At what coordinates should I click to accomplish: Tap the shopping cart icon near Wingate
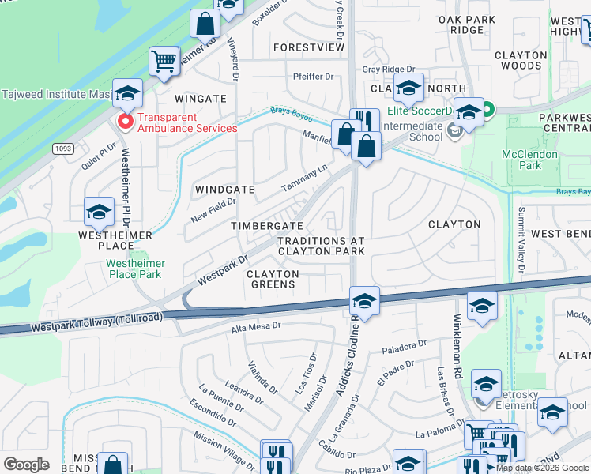click(x=164, y=61)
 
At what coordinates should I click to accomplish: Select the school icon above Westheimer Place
click(x=99, y=212)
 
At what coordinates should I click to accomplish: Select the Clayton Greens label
click(x=273, y=279)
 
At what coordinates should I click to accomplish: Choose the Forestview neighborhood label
click(x=309, y=47)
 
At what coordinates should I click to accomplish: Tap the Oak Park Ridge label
click(x=467, y=24)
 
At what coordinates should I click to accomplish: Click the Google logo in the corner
click(x=26, y=465)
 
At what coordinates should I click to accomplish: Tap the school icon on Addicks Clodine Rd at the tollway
click(x=363, y=301)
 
